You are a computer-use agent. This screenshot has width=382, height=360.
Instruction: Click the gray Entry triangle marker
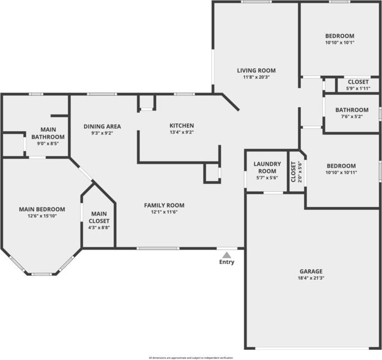pyautogui.click(x=227, y=255)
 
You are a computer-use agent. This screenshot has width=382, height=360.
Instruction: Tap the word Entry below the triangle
pyautogui.click(x=227, y=262)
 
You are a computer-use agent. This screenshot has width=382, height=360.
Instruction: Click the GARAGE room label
pyautogui.click(x=311, y=271)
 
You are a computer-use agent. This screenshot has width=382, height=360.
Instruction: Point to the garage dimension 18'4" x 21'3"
pyautogui.click(x=311, y=278)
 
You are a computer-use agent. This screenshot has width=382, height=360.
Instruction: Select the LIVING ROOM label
pyautogui.click(x=257, y=71)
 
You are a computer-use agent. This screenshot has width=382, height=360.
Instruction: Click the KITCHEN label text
pyautogui.click(x=181, y=126)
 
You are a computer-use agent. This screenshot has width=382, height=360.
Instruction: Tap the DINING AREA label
pyautogui.click(x=103, y=126)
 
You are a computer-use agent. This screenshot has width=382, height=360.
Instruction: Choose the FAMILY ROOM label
pyautogui.click(x=164, y=205)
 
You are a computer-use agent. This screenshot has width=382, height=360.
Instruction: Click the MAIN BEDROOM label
pyautogui.click(x=42, y=209)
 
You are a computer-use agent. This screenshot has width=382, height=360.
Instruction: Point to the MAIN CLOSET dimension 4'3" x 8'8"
pyautogui.click(x=99, y=228)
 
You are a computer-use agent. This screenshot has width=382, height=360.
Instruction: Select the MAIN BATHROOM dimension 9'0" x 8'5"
pyautogui.click(x=48, y=144)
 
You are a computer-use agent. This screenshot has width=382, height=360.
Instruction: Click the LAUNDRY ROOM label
pyautogui.click(x=267, y=167)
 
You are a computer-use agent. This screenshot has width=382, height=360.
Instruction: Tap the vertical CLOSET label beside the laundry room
pyautogui.click(x=294, y=172)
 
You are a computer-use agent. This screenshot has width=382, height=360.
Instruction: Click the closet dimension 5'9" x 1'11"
pyautogui.click(x=358, y=88)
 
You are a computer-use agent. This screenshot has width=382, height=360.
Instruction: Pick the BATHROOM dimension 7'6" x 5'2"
pyautogui.click(x=352, y=116)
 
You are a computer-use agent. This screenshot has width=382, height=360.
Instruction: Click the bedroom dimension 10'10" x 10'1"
pyautogui.click(x=339, y=43)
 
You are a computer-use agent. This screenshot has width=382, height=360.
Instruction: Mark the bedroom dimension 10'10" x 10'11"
pyautogui.click(x=341, y=173)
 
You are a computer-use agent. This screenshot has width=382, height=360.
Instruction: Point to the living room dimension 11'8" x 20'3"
pyautogui.click(x=257, y=77)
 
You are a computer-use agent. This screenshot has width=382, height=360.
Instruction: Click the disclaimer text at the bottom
pyautogui.click(x=191, y=358)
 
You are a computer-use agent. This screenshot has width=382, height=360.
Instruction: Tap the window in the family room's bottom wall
pyautogui.click(x=158, y=248)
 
